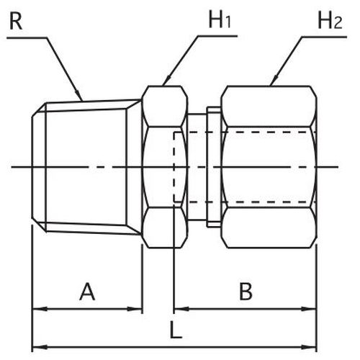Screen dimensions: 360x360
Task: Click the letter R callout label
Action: click(16, 21)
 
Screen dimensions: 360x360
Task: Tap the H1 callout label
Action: click(220, 20)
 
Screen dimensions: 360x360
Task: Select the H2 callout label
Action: click(330, 21)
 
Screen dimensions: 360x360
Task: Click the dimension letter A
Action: click(87, 292)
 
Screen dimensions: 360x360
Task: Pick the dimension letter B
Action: click(246, 292)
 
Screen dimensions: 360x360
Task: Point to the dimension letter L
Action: click(176, 330)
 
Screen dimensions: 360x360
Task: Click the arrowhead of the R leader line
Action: click(79, 95)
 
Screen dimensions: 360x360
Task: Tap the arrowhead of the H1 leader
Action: click(167, 81)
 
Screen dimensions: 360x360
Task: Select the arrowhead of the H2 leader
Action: click(274, 81)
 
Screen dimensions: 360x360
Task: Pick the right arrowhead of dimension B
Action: click(309, 309)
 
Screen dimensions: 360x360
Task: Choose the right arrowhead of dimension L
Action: click(309, 347)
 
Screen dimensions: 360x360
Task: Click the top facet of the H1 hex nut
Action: click(165, 107)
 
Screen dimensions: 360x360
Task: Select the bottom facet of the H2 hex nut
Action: click(269, 228)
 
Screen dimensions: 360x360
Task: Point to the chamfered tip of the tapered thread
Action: click(39, 167)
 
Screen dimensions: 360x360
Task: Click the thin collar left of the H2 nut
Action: click(214, 167)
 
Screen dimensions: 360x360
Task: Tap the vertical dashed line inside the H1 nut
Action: click(174, 167)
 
